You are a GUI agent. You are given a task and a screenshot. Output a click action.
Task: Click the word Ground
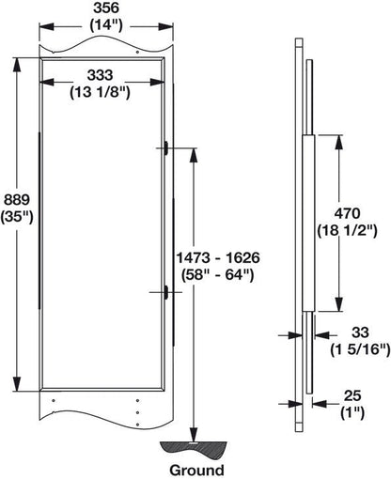[196, 469]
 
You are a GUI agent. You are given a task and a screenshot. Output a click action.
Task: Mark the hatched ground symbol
[195, 446]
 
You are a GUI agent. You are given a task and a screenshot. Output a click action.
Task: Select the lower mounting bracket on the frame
[165, 293]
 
